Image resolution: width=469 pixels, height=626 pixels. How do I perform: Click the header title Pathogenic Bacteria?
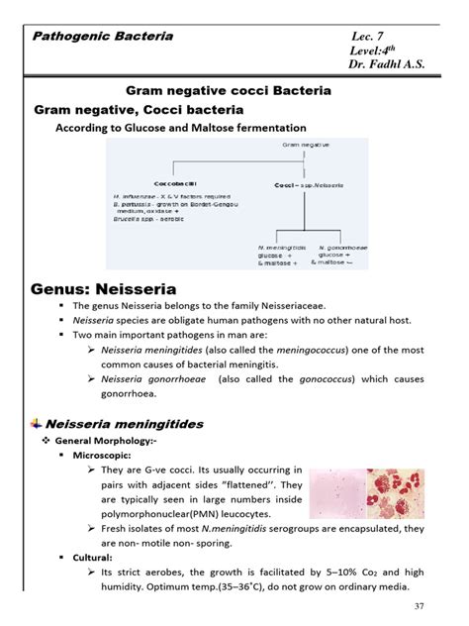[x=104, y=37]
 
